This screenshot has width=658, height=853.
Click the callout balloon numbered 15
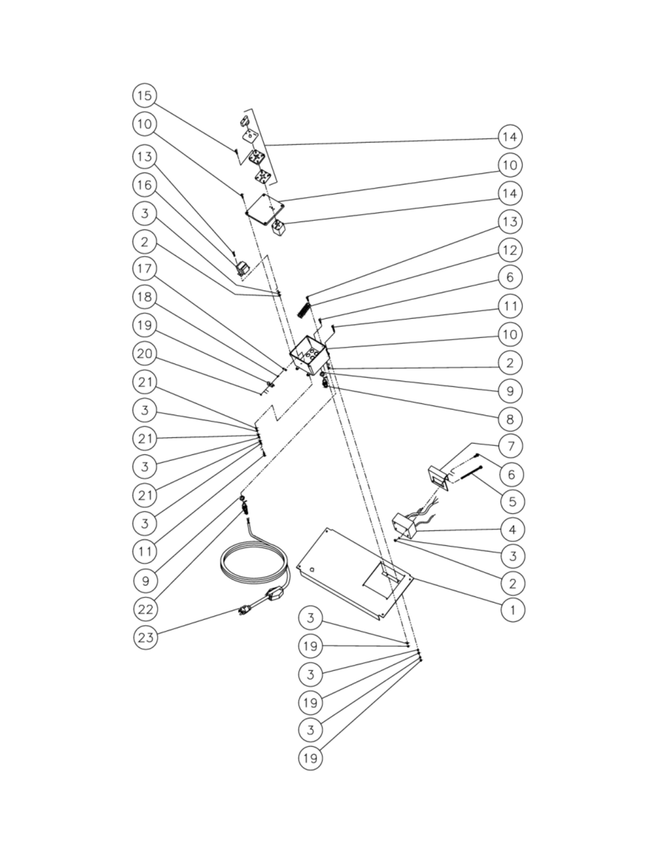145,95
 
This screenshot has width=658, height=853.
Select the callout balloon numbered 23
146,637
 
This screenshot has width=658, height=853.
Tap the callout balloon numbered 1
512,609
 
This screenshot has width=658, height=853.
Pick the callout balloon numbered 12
510,250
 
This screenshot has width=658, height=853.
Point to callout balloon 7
510,446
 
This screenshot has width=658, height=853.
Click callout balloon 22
146,609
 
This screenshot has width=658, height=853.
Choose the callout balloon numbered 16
145,184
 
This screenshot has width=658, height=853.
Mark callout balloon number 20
145,354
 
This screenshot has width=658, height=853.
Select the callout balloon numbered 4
512,530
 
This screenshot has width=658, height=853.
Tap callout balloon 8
510,419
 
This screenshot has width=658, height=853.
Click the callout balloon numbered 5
512,501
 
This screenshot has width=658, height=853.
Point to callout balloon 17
145,269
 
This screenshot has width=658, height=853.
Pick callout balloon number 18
145,297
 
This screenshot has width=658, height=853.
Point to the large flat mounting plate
355,574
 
